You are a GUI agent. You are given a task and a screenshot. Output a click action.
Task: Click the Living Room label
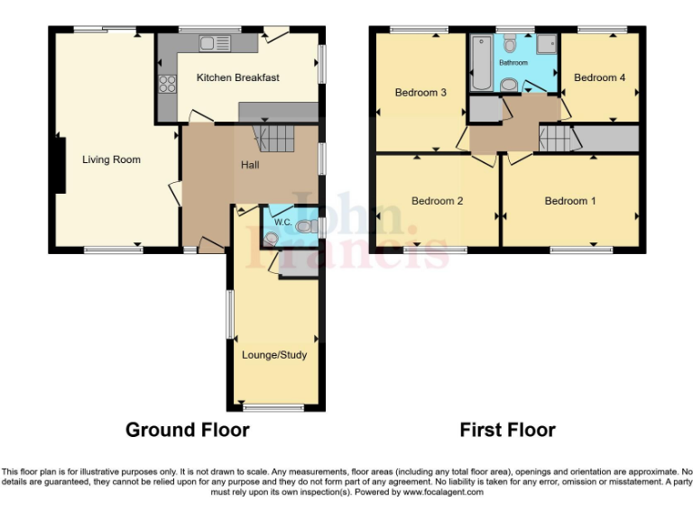[111, 159]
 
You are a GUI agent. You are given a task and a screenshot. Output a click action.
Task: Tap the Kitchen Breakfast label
[237, 77]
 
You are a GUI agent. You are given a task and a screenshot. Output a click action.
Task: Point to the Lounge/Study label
[274, 354]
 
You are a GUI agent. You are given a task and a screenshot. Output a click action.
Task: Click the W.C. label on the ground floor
[282, 222]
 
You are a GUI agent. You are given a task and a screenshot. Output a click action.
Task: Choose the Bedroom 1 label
[569, 201]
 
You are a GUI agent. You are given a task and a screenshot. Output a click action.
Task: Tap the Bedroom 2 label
[437, 201]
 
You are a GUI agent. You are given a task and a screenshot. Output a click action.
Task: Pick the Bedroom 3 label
[420, 91]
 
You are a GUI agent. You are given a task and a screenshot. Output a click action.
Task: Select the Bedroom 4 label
[599, 77]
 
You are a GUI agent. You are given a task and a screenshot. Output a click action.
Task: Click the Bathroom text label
[513, 63]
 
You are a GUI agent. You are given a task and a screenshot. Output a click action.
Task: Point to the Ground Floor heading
[187, 430]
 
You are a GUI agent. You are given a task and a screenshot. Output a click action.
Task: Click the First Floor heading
[507, 430]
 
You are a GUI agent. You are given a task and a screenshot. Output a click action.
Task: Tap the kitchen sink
[216, 42]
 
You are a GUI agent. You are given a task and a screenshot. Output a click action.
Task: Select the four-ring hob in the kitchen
[168, 83]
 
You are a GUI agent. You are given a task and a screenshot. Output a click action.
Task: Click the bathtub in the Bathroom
[479, 63]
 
